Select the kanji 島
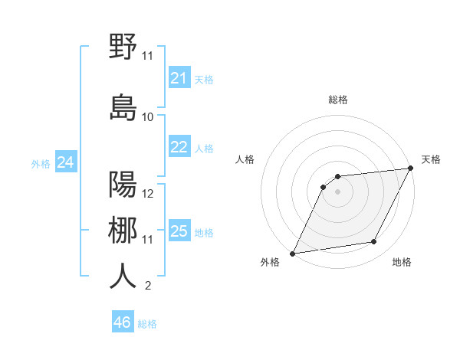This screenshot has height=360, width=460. click(123, 107)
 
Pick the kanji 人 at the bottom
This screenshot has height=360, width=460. click(123, 276)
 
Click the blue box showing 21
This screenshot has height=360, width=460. click(179, 78)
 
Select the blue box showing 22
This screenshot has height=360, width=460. click(179, 147)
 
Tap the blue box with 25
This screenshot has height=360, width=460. click(179, 231)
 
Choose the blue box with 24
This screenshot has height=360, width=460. click(66, 162)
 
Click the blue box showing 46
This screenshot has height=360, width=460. click(123, 322)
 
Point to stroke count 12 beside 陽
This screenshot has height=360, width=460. click(148, 194)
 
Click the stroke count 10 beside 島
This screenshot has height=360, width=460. click(148, 117)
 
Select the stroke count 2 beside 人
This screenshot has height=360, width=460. click(147, 286)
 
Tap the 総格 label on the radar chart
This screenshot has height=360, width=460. click(337, 100)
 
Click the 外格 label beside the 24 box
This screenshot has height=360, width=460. click(41, 163)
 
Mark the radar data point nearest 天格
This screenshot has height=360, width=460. click(410, 169)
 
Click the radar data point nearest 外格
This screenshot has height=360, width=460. click(292, 254)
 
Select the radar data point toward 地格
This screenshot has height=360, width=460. click(374, 242)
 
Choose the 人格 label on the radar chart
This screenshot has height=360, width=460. click(245, 159)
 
